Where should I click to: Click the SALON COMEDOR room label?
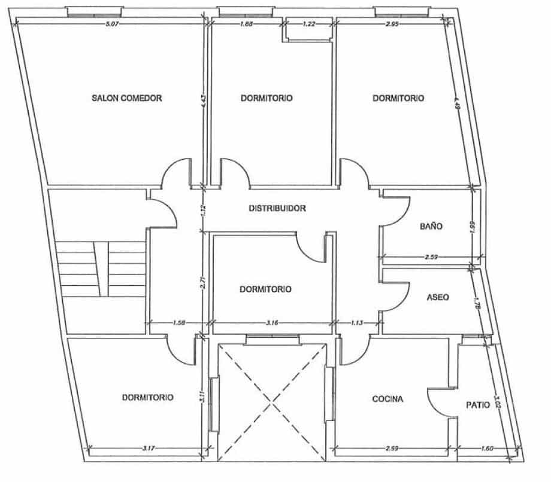pyautogui.click(x=127, y=98)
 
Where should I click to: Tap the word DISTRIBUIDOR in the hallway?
pyautogui.click(x=277, y=209)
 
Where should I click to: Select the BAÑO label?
pyautogui.click(x=431, y=227)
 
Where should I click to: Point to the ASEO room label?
pyautogui.click(x=438, y=297)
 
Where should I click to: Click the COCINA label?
pyautogui.click(x=387, y=399)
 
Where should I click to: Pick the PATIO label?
pyautogui.click(x=478, y=405)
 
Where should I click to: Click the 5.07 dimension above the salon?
pyautogui.click(x=112, y=25)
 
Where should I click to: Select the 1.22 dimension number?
pyautogui.click(x=309, y=25)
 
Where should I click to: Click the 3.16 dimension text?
pyautogui.click(x=273, y=323)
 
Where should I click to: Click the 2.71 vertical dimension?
pyautogui.click(x=204, y=283)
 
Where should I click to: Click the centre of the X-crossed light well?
pyautogui.click(x=273, y=402)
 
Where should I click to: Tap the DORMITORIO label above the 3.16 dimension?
pyautogui.click(x=265, y=289)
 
